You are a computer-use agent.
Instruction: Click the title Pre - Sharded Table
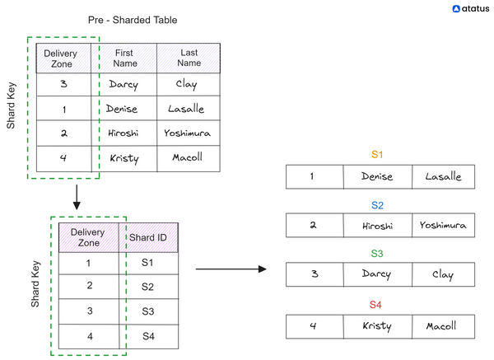(x=132, y=19)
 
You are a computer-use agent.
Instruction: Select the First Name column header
(x=124, y=58)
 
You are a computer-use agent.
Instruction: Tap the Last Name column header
(x=189, y=58)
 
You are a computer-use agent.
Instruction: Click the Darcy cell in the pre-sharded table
(x=123, y=85)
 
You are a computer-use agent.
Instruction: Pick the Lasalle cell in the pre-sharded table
(x=189, y=109)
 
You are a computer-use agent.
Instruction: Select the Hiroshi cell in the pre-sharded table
(x=123, y=133)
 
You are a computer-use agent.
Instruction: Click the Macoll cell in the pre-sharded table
(x=189, y=157)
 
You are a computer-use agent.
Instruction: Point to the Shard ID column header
(x=148, y=238)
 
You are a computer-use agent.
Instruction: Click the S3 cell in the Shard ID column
(x=148, y=311)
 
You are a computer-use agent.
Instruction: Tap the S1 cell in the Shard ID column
(x=148, y=264)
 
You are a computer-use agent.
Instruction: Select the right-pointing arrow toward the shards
(x=231, y=269)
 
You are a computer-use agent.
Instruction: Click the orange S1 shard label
(x=377, y=154)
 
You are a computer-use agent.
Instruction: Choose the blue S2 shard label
(x=377, y=204)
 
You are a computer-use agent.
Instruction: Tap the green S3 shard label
(x=377, y=254)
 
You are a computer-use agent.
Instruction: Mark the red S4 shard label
(x=377, y=304)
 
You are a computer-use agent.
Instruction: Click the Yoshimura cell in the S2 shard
(x=442, y=226)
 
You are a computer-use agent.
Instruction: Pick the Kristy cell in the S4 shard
(x=377, y=326)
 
